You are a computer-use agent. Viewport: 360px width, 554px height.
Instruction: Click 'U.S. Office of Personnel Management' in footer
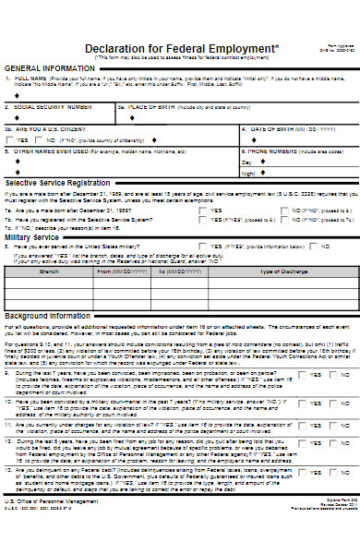point(50,527)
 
